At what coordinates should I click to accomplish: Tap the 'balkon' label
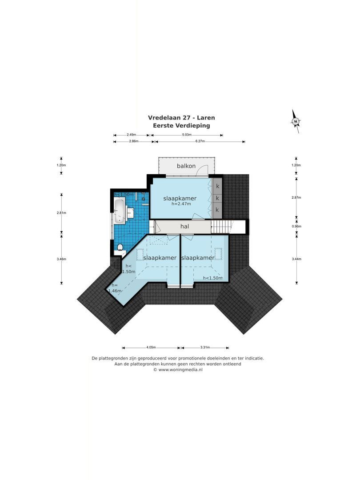[186, 166]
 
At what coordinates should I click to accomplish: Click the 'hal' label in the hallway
[185, 226]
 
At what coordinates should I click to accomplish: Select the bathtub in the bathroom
[120, 211]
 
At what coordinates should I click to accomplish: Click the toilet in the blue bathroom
[120, 247]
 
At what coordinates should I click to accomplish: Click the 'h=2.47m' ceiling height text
[180, 204]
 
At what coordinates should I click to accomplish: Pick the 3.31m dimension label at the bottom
[205, 348]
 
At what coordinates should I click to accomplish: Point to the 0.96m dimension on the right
[296, 226]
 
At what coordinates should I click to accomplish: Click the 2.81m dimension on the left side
[61, 212]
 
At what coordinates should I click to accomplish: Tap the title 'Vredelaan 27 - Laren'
[181, 118]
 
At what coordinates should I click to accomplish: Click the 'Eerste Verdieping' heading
[181, 126]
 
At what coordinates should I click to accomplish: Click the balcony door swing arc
[203, 170]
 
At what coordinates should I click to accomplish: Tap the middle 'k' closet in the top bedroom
[217, 198]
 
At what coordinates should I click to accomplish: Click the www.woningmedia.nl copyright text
[178, 369]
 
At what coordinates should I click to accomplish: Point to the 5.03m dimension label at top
[187, 135]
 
